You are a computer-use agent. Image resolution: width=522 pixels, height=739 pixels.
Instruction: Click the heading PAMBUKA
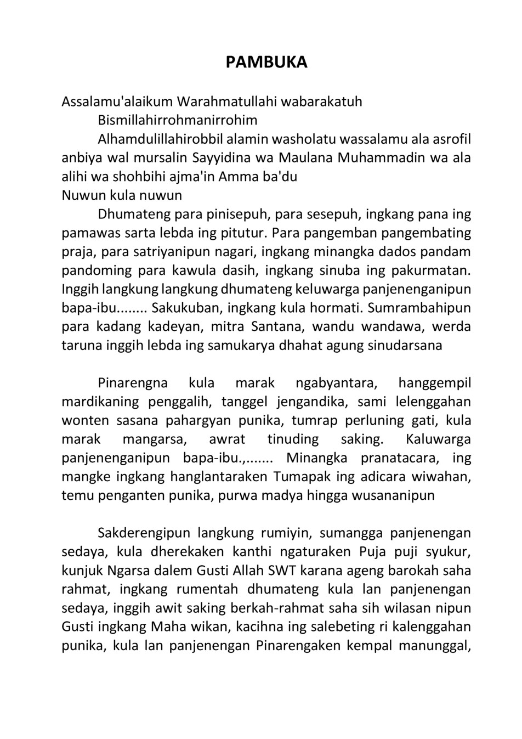pos(266,63)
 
